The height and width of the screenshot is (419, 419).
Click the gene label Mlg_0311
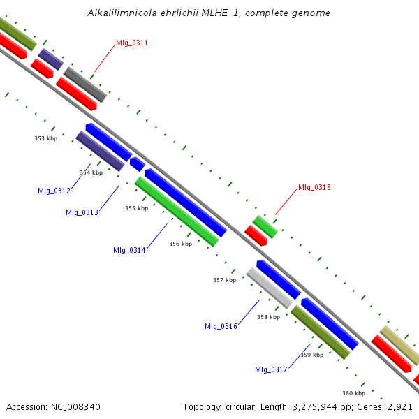[x=132, y=43]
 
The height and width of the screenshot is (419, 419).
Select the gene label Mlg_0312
[x=54, y=191]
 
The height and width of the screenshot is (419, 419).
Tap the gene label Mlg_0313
[x=82, y=212]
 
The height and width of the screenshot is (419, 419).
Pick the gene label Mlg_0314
[x=129, y=250]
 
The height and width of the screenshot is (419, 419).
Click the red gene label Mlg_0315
[x=314, y=187]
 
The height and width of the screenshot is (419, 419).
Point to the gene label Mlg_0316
[x=221, y=326]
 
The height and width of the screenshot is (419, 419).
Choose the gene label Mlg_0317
[x=271, y=369]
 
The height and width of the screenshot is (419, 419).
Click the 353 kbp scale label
[x=46, y=138]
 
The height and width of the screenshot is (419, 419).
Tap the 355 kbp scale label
[x=137, y=208]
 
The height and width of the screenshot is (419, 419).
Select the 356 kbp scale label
[x=180, y=244]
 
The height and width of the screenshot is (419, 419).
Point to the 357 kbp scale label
[x=224, y=280]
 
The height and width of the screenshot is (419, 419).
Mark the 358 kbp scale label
[x=268, y=317]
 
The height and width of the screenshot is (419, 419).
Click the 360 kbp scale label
[x=354, y=393]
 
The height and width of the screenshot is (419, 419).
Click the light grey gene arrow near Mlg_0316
[x=270, y=288]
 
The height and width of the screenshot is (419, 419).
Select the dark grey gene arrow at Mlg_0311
[x=84, y=84]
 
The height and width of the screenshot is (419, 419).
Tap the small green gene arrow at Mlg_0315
[x=265, y=226]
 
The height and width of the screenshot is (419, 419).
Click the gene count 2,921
[x=399, y=406]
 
